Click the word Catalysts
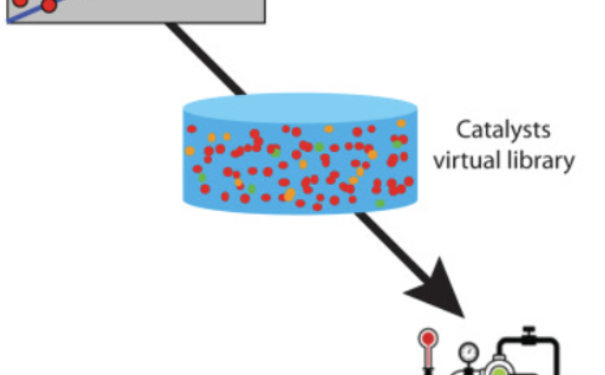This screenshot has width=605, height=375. tap(503, 130)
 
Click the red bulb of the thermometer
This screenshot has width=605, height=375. tap(428, 339)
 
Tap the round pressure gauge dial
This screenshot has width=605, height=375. tap(468, 352)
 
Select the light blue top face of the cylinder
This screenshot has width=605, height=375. tap(300, 108)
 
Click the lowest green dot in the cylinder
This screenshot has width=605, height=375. tap(380, 203)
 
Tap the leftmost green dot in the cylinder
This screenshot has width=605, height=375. tap(202, 178)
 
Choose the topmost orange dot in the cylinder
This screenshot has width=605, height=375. tap(401, 123)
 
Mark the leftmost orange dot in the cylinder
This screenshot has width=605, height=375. tap(190, 151)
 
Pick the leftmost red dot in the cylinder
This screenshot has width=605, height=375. tap(192, 129)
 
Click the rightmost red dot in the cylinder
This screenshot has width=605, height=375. tap(409, 181)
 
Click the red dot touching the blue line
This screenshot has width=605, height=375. tap(49, 5)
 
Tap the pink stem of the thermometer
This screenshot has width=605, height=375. tap(428, 360)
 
